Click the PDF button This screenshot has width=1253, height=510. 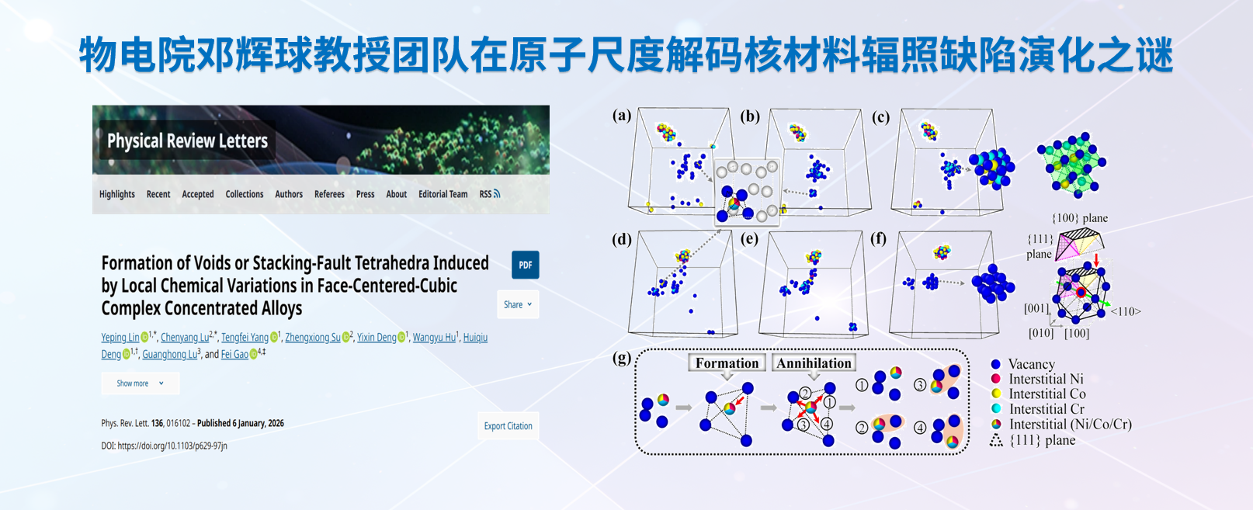pos(526,265)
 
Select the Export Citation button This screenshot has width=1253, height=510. pos(508,426)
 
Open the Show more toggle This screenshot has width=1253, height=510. pos(141,383)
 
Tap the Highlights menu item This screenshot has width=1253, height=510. pos(117,194)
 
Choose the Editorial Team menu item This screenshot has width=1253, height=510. pos(443,194)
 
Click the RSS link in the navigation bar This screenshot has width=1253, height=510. pos(489,194)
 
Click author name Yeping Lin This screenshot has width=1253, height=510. pos(120,337)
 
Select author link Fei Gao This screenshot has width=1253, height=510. pos(234,354)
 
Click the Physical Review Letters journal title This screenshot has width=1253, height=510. pos(187,141)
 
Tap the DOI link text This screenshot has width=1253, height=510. pos(164,446)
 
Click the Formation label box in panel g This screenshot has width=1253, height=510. pos(727,363)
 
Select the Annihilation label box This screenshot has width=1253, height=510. pos(814,363)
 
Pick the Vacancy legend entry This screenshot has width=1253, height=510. pos(1023,364)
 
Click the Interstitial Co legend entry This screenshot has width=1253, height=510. pos(1038,394)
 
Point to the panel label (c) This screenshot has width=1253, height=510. pos(880,117)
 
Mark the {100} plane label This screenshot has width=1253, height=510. pos(1080,218)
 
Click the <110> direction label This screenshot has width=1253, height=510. pos(1126,311)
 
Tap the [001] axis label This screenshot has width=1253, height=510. pos(1036,308)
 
